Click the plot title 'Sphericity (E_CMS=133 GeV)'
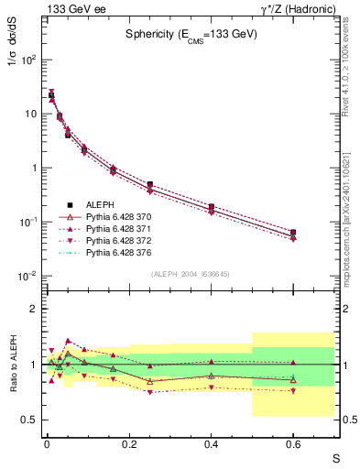pyautogui.click(x=191, y=33)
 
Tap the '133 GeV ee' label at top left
pyautogui.click(x=71, y=8)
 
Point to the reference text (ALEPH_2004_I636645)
pyautogui.click(x=191, y=273)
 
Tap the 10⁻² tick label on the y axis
pyautogui.click(x=27, y=277)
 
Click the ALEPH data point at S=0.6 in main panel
pyautogui.click(x=293, y=233)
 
